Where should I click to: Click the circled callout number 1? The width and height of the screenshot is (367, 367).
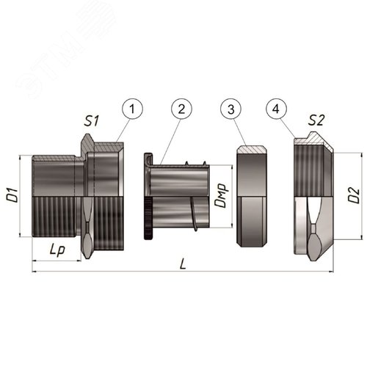(x=132, y=109)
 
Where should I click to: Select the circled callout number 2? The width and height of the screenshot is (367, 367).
(x=181, y=109)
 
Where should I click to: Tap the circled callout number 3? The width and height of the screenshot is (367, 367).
(x=231, y=109)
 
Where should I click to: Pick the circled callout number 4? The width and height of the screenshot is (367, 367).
(x=276, y=109)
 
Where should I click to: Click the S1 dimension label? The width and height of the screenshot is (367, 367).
(x=92, y=121)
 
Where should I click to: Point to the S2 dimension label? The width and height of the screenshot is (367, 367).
(x=316, y=120)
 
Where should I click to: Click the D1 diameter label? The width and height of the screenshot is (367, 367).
(x=12, y=195)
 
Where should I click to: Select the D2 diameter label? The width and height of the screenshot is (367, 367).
(x=355, y=195)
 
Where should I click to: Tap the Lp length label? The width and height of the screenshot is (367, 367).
(x=57, y=250)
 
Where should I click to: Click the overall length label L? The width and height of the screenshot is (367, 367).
(x=183, y=264)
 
